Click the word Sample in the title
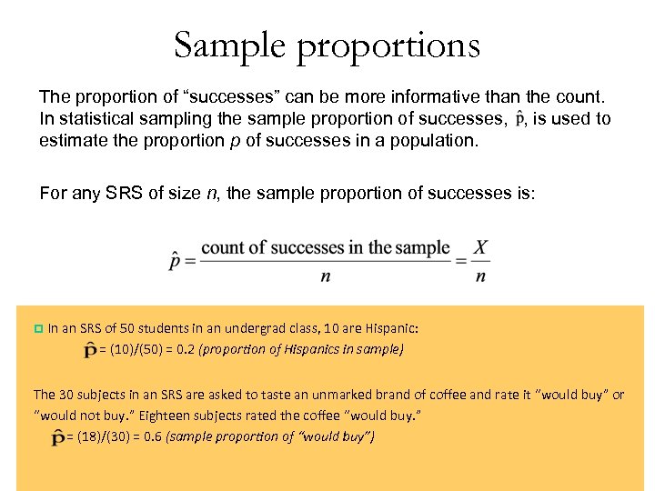[227, 45]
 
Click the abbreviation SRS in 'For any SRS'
[121, 193]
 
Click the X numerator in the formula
[481, 247]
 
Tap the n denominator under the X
[481, 276]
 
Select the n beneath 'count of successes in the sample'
[325, 276]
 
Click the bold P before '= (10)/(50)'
[91, 350]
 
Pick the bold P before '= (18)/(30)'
[58, 438]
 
